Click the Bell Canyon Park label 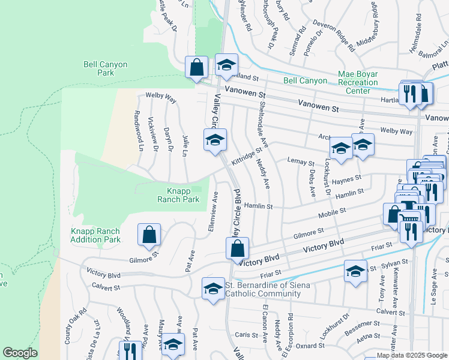coord(98,68)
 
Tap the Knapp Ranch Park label coord(178,195)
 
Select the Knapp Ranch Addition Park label coord(95,235)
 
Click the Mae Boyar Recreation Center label coord(366,85)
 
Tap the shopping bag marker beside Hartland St coord(196,67)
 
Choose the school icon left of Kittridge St coord(215,140)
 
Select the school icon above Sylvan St coord(355,271)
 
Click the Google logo coord(20,353)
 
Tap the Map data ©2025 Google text coord(412,356)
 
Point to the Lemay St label coord(301,162)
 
